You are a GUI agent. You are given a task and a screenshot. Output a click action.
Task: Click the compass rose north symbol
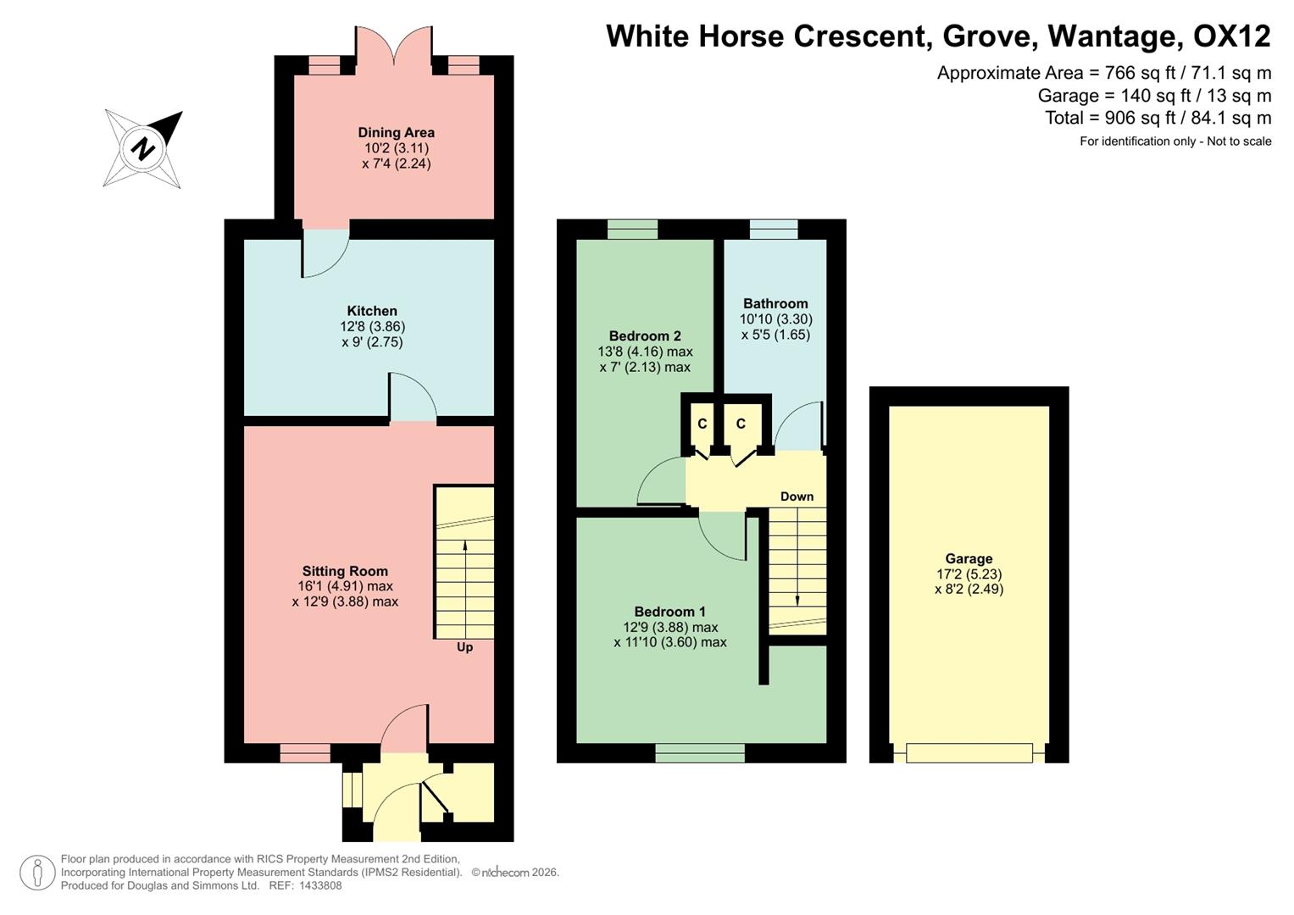tap(143, 148)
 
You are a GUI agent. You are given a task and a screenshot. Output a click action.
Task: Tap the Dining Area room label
tap(396, 132)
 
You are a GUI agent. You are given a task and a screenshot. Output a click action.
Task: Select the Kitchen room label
tap(372, 311)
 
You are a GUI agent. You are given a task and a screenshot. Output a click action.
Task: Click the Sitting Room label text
tap(345, 571)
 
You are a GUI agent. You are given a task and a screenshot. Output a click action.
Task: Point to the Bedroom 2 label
tap(645, 335)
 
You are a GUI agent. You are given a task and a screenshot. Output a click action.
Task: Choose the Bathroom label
tap(775, 303)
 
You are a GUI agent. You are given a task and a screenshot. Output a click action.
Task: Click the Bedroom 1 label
tap(669, 612)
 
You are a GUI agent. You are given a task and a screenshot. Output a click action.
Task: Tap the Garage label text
tap(969, 558)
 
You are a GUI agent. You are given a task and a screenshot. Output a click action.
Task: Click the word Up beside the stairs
tap(464, 647)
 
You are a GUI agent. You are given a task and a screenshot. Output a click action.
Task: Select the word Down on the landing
tap(797, 496)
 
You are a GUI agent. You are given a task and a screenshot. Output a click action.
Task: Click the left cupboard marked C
tap(702, 424)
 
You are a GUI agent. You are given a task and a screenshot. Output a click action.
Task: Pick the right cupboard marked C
tap(741, 424)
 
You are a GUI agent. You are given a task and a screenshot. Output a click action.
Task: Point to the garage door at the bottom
tap(969, 752)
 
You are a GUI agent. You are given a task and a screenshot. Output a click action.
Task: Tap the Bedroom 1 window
tap(700, 752)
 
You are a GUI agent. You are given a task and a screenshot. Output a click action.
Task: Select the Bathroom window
tap(774, 229)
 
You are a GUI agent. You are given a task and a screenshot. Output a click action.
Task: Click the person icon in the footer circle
tap(37, 873)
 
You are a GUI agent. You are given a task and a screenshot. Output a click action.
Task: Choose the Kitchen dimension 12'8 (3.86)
tap(372, 326)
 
